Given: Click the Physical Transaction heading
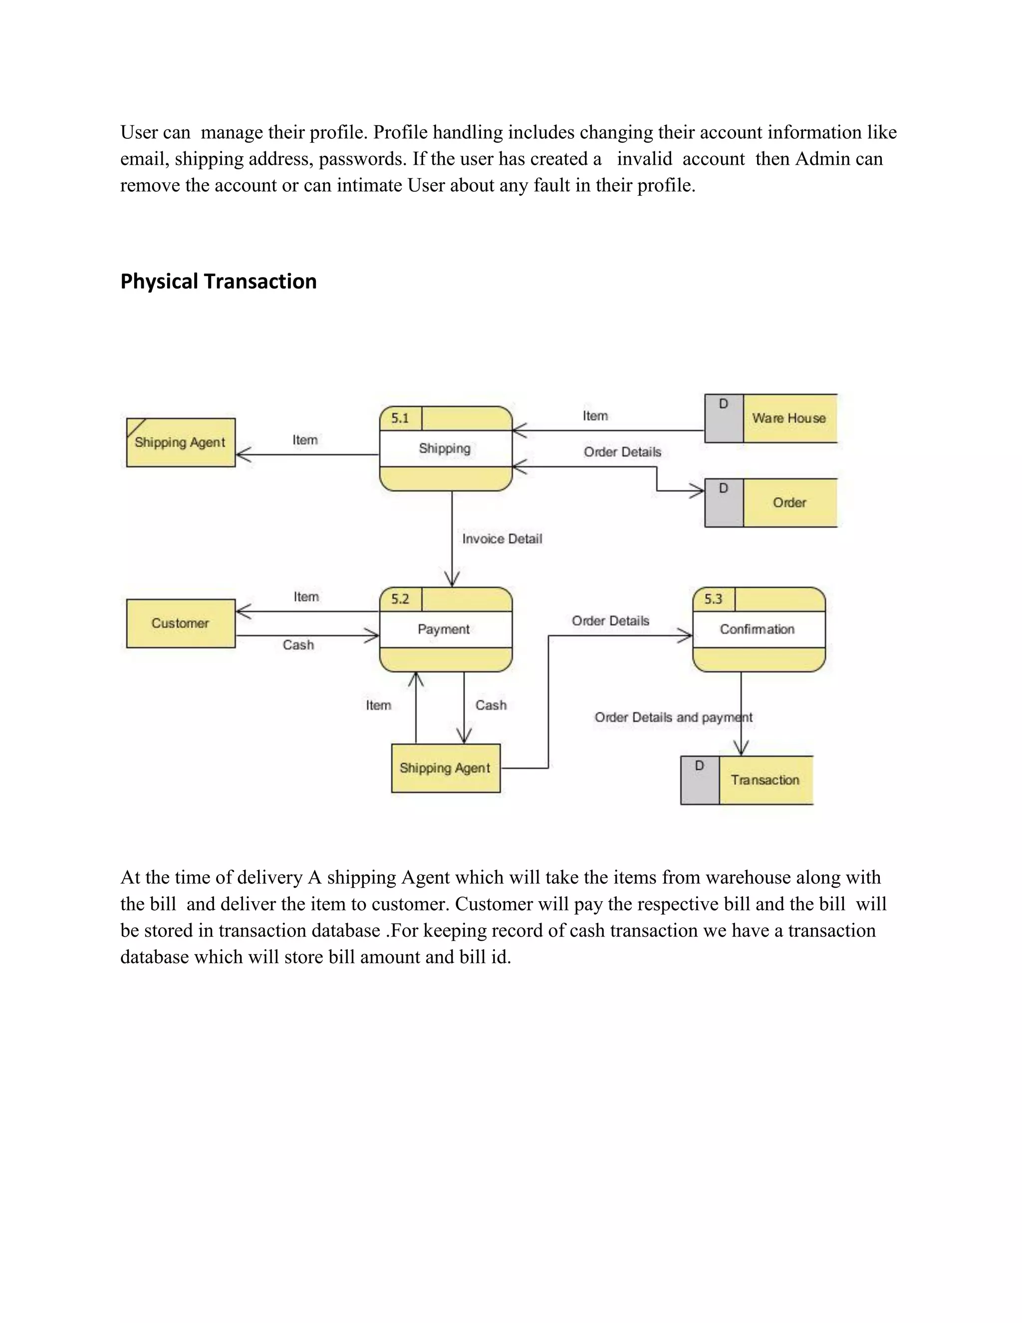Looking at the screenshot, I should pyautogui.click(x=218, y=282).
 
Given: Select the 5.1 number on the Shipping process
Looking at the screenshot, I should pyautogui.click(x=400, y=418).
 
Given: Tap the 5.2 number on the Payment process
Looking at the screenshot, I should pyautogui.click(x=400, y=599).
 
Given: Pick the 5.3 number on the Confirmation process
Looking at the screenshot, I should pyautogui.click(x=713, y=599).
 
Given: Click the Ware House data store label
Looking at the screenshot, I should pyautogui.click(x=788, y=418).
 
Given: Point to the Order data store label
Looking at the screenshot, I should pyautogui.click(x=789, y=502).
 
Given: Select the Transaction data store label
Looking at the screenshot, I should pyautogui.click(x=765, y=780).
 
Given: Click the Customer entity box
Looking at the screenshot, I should pyautogui.click(x=181, y=624).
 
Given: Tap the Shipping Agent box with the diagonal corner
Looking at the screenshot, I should pyautogui.click(x=181, y=442).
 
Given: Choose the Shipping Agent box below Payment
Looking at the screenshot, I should pyautogui.click(x=446, y=768).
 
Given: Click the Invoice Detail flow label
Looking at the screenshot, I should pyautogui.click(x=502, y=539).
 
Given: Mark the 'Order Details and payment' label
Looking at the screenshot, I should pyautogui.click(x=673, y=717).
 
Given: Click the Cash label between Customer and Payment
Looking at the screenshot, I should pyautogui.click(x=298, y=645).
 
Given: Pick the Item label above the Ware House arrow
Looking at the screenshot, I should pyautogui.click(x=595, y=415).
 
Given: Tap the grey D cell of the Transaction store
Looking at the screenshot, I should pyautogui.click(x=699, y=780).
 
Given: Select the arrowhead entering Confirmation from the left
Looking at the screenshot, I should pyautogui.click(x=687, y=636).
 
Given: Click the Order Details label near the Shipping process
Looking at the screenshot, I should pyautogui.click(x=622, y=452).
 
